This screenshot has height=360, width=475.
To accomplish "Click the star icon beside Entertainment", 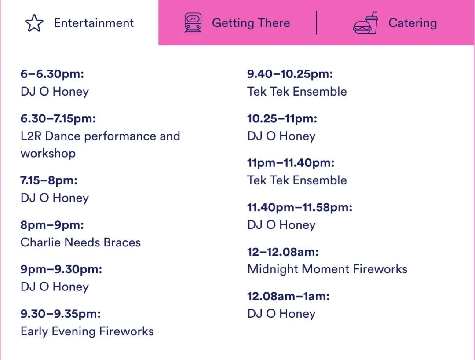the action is coord(34,23).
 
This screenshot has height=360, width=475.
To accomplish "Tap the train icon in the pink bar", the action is coord(193,22).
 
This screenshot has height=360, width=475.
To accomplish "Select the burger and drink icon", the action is coord(365,23).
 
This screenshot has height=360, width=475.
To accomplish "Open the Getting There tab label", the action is coord(251,23).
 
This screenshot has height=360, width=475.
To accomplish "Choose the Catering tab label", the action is coord(413,23).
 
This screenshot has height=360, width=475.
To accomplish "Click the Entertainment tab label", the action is coord(94,23).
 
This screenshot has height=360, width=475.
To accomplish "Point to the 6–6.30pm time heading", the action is coord(52,74).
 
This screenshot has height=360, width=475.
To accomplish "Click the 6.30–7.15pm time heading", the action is coord(58,118).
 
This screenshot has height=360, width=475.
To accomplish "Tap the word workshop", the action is coord(48,154).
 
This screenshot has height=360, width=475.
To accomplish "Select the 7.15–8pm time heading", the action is coord(49,180).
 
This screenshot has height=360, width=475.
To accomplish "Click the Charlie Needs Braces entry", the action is coord(80,242).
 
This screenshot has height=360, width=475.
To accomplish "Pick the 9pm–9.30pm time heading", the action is coord(61,269).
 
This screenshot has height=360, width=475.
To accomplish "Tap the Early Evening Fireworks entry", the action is coord(87,331).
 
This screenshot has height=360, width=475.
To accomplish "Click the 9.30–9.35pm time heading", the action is coord(61,314).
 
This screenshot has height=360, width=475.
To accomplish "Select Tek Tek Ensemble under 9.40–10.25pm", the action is coord(297,92).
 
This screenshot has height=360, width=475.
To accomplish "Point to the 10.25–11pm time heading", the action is coord(282,118).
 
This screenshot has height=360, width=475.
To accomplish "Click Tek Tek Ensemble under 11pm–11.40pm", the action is coord(297,180).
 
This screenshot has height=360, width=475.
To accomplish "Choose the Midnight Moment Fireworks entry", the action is coord(327,269).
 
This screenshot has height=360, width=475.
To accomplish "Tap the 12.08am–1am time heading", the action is coord(289,296).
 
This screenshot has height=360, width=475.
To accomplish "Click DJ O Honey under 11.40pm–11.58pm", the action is coord(281,225).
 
